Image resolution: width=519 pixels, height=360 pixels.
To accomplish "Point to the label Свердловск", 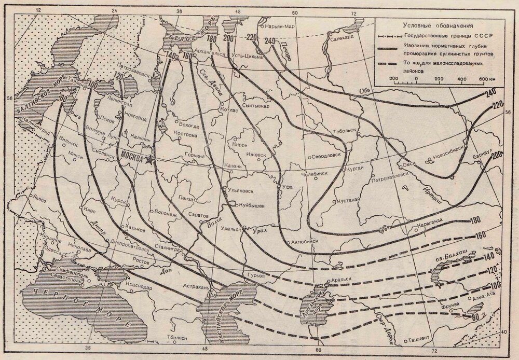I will tap(328, 155).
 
